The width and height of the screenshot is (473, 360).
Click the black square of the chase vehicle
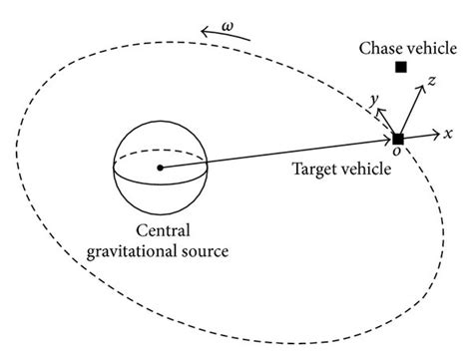(400, 67)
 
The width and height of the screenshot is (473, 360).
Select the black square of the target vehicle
(398, 138)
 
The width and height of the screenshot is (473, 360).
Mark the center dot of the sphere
(159, 168)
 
